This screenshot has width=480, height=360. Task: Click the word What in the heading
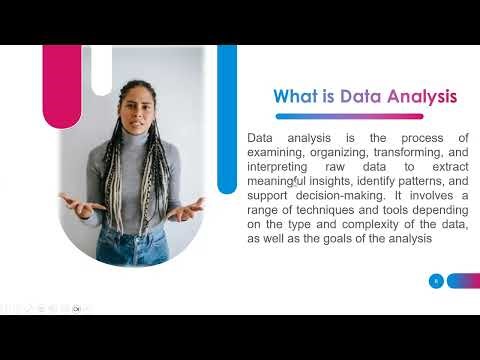[296, 96]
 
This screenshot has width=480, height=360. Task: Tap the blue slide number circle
[435, 281]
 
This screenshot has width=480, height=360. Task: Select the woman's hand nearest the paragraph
[189, 209]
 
